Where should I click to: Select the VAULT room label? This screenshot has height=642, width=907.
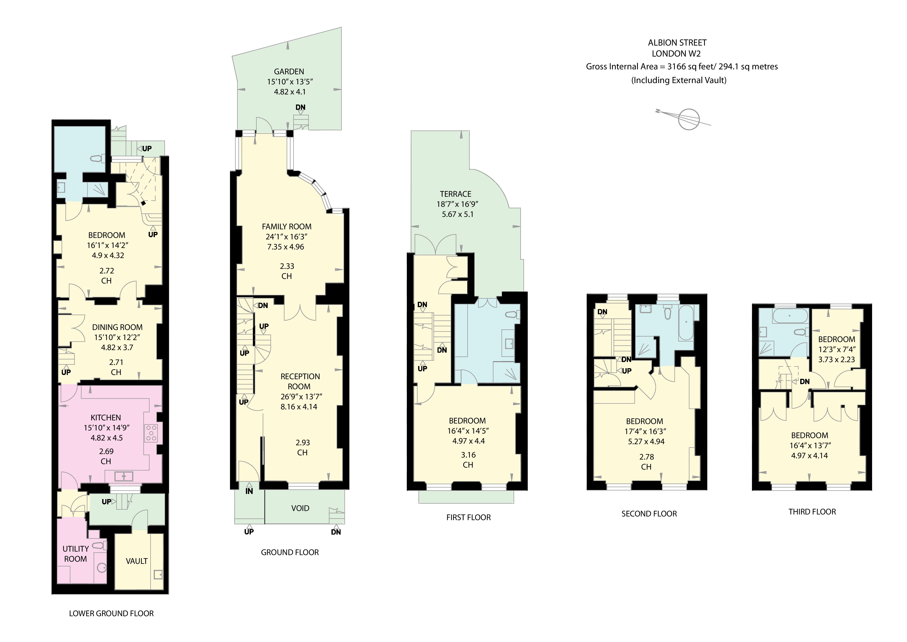coord(137,561)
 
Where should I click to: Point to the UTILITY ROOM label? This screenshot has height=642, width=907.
coord(76,554)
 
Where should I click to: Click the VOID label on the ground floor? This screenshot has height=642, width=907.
coord(300,508)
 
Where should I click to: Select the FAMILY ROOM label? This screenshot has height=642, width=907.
coord(287,227)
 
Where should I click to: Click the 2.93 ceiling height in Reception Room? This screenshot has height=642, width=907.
coord(303,443)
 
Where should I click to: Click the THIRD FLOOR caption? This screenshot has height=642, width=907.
coord(812,512)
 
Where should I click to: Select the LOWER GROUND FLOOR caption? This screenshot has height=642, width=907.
coord(111,613)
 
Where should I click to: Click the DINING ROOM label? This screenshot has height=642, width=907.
coord(117,327)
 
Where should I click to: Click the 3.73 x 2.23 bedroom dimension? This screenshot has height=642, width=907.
coord(836,360)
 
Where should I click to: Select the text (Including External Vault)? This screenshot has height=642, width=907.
coord(679,80)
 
